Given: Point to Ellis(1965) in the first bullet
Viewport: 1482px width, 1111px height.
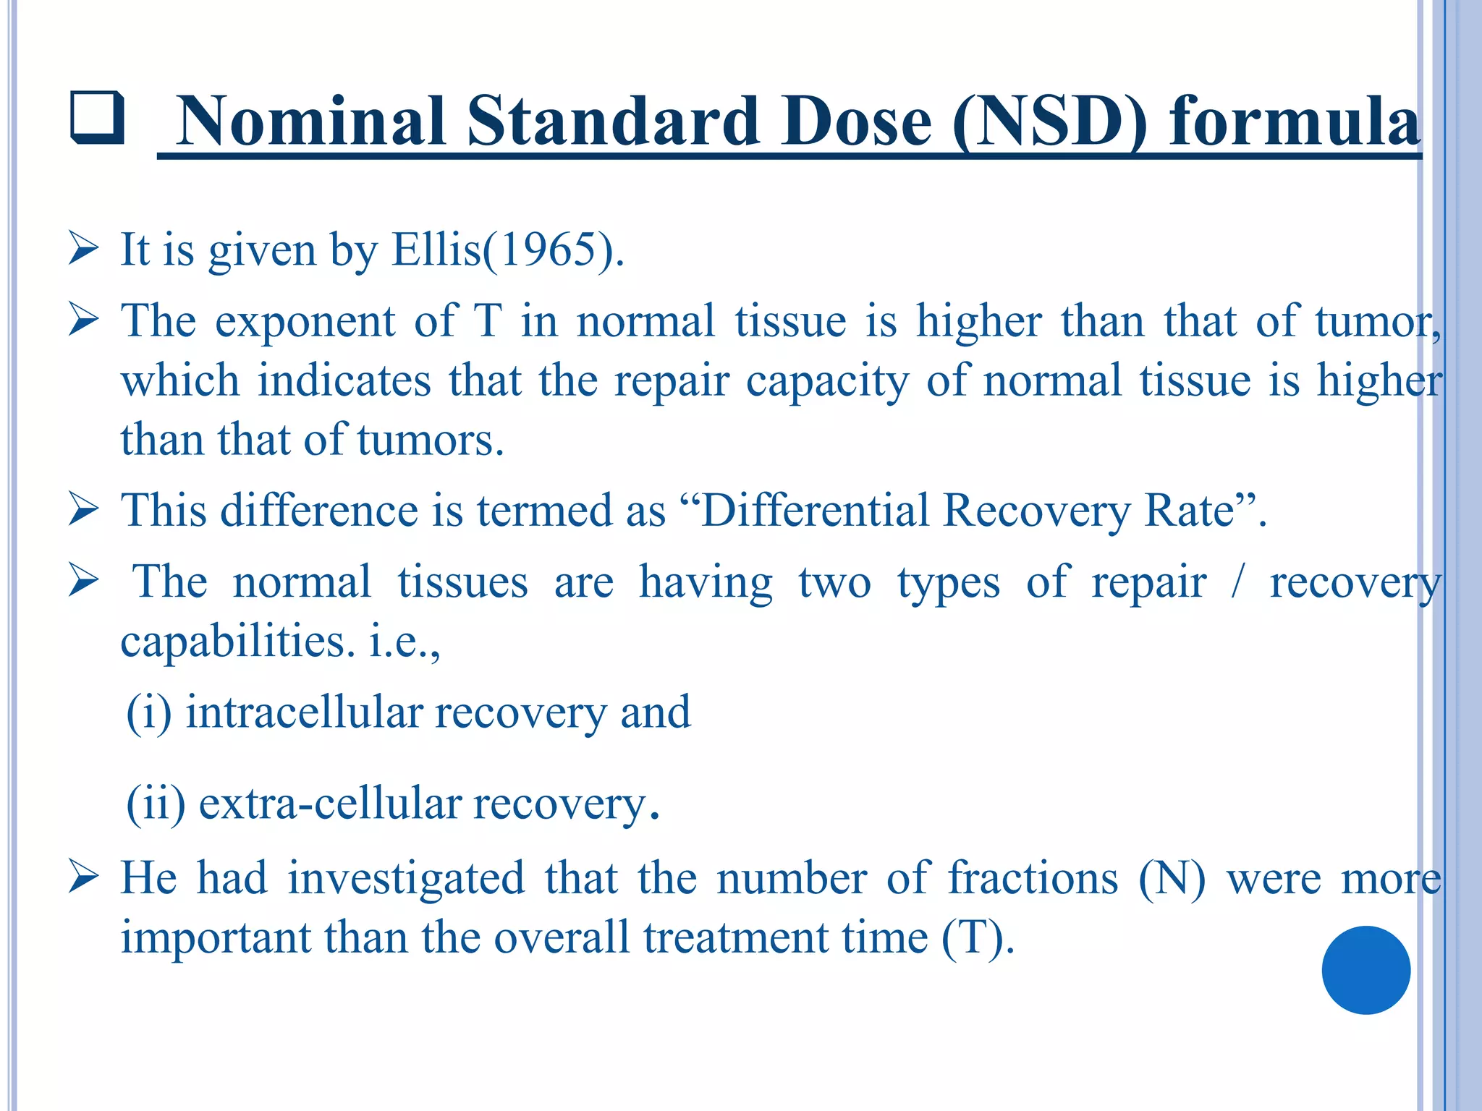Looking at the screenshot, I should tap(507, 250).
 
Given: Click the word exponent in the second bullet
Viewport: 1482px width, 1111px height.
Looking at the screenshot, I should tap(305, 322).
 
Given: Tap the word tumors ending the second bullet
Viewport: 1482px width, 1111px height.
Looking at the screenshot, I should tap(430, 440).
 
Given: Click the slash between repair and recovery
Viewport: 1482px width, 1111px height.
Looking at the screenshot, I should tap(1237, 582).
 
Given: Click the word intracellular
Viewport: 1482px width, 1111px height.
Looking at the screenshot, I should tap(304, 712).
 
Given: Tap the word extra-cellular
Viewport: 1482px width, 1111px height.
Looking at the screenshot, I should tap(330, 804).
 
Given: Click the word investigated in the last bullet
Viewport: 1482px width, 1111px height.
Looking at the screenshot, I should tap(405, 878).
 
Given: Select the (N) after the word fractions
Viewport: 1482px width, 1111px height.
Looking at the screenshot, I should tap(1172, 878).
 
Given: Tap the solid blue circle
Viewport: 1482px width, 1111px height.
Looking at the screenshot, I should tap(1365, 970).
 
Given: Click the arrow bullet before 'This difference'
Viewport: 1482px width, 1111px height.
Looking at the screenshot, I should tap(83, 511).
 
